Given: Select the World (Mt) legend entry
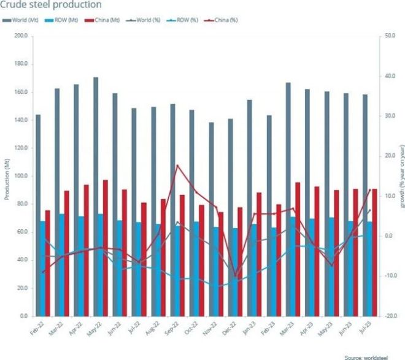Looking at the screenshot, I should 23,20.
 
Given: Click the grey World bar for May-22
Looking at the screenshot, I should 96,196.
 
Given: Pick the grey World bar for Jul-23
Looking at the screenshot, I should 365,205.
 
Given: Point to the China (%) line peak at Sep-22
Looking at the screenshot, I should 177,165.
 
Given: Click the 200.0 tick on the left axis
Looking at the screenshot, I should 22,36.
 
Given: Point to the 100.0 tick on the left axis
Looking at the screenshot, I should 22,176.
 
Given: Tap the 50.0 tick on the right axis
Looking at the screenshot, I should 390,36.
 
